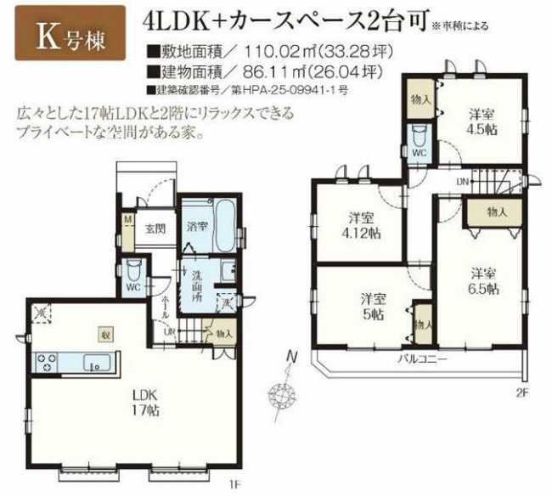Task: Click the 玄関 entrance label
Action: (154, 229)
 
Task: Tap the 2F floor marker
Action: (521, 393)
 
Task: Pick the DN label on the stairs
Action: (462, 182)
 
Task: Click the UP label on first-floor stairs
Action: (169, 330)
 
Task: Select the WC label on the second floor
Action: (419, 152)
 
